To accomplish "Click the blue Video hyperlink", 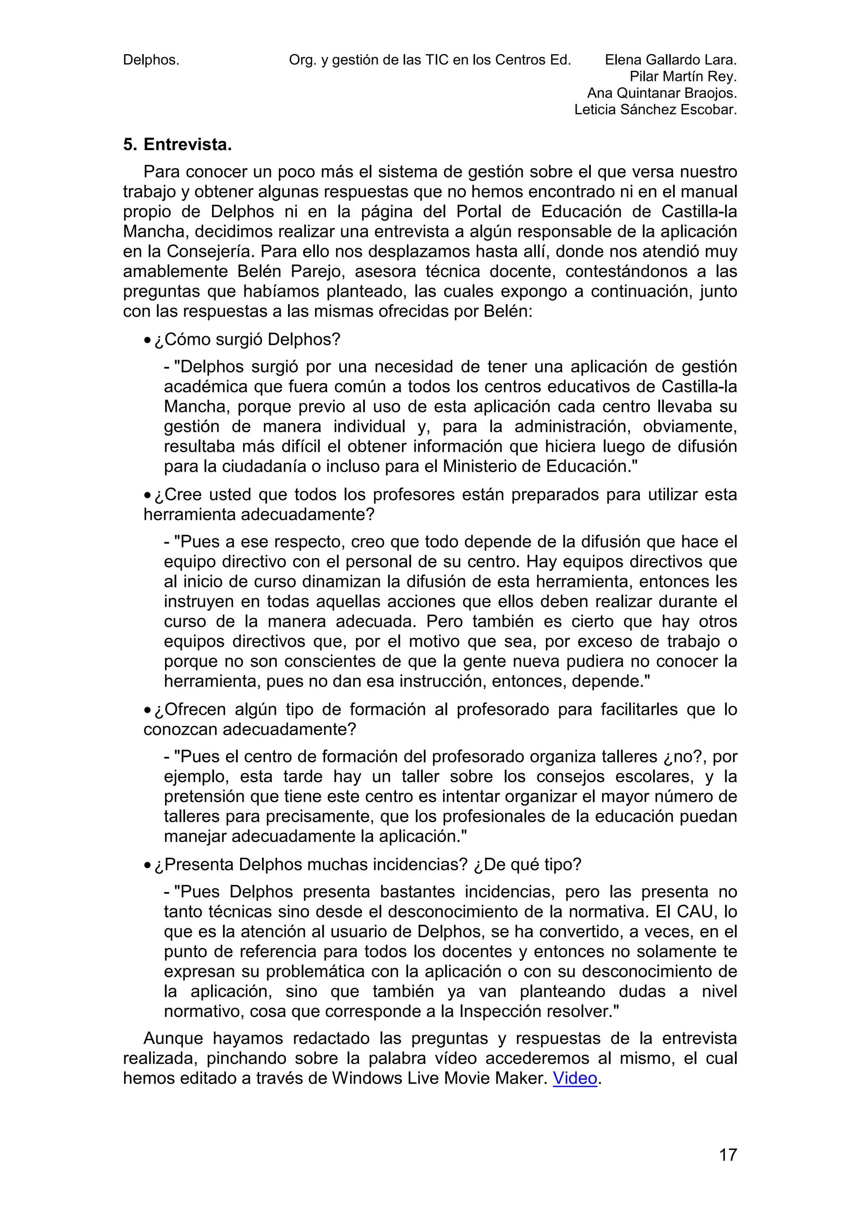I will pyautogui.click(x=575, y=1078).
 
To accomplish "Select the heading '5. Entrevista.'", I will pyautogui.click(x=178, y=145).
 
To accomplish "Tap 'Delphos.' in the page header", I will pyautogui.click(x=151, y=60).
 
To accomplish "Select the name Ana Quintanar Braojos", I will pyautogui.click(x=662, y=93).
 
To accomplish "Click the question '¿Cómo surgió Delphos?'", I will pyautogui.click(x=247, y=339).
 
